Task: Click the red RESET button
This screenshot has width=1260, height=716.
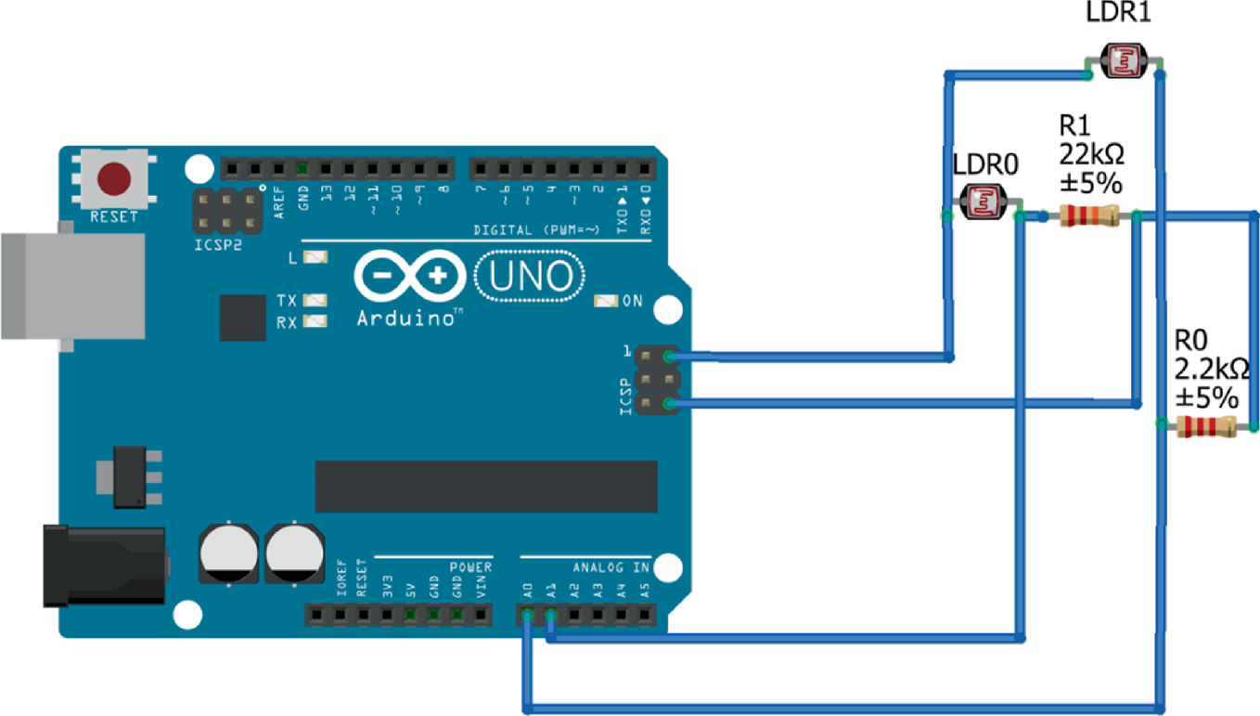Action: (x=114, y=178)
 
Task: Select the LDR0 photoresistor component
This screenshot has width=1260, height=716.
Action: (x=982, y=202)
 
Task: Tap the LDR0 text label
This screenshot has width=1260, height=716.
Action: (x=986, y=164)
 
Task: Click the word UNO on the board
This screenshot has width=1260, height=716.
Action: (x=531, y=278)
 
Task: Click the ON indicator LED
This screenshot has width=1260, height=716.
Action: (x=606, y=301)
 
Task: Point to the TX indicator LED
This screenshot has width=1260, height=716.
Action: (x=316, y=300)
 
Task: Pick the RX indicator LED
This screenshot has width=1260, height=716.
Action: (x=316, y=321)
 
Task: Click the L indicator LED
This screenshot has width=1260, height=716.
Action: (x=316, y=258)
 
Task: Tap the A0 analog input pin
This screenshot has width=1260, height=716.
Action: (x=527, y=614)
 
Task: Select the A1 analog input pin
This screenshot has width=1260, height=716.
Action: (x=550, y=614)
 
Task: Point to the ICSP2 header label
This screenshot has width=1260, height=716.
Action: (x=220, y=247)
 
